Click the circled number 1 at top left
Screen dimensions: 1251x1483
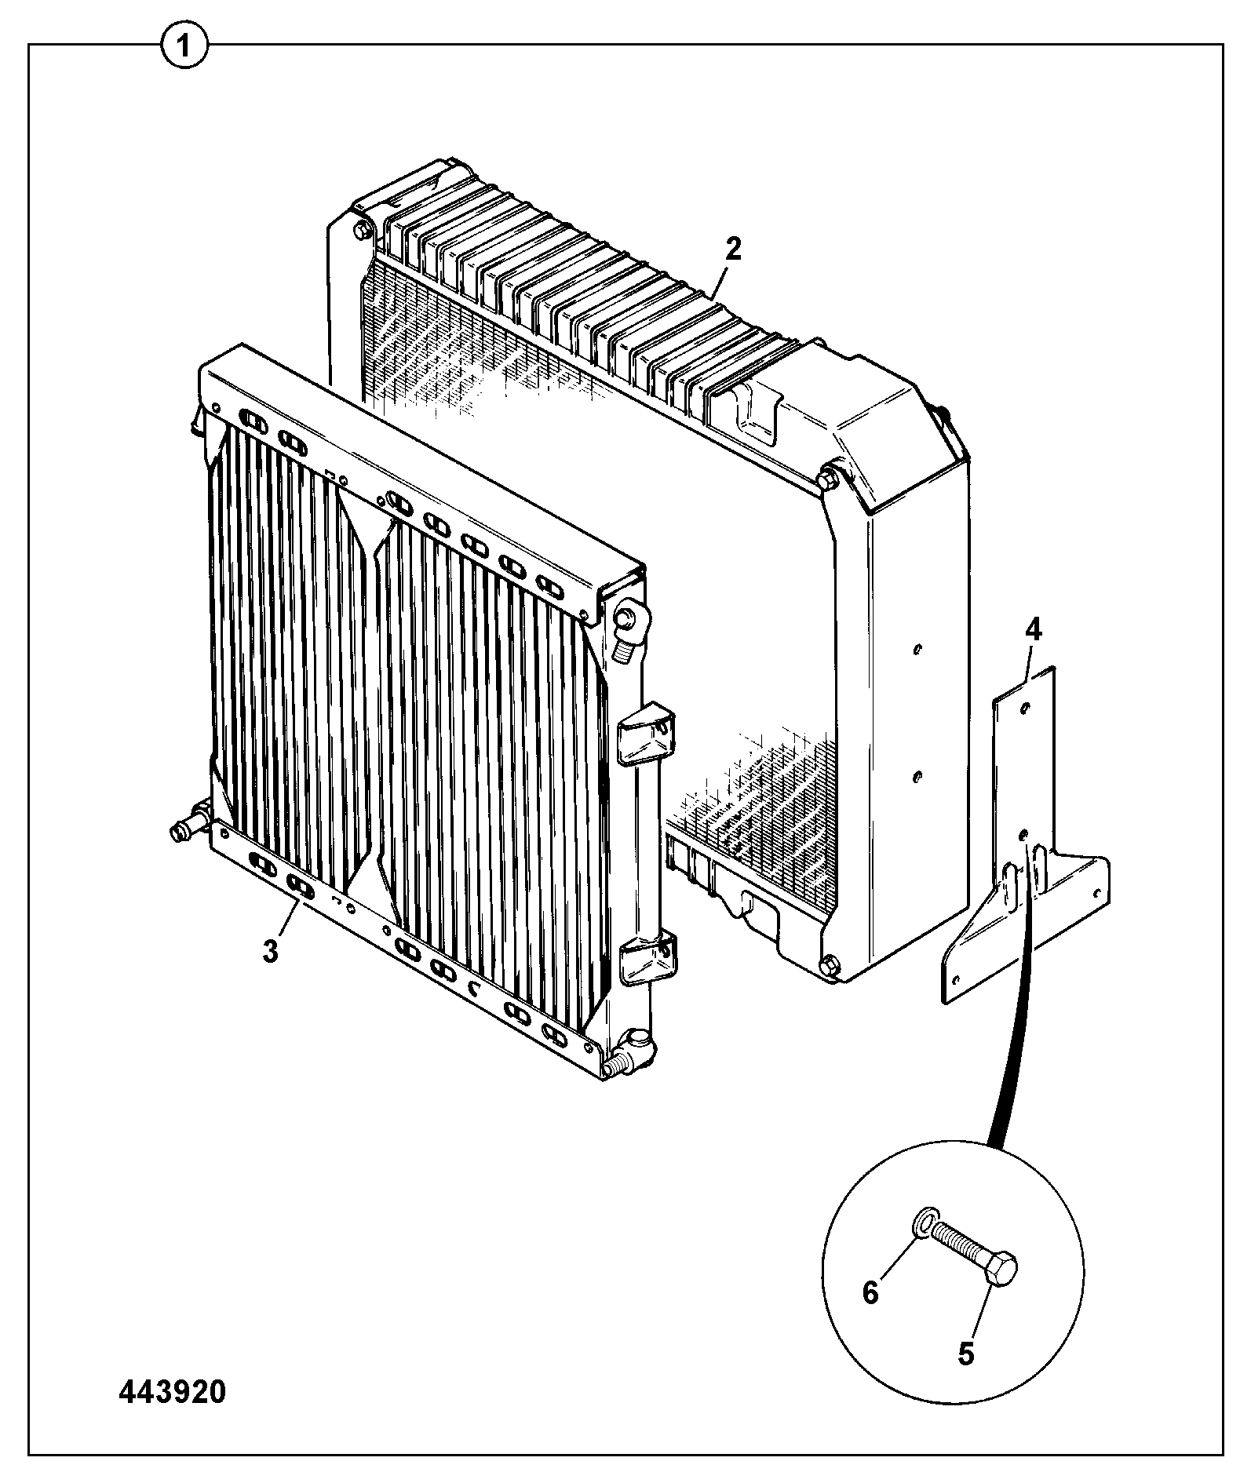[185, 47]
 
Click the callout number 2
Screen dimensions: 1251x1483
[733, 250]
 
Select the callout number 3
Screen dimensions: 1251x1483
[270, 952]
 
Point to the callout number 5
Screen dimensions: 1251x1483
[965, 1354]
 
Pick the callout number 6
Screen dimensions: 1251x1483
[870, 1292]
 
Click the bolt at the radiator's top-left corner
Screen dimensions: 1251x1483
[362, 230]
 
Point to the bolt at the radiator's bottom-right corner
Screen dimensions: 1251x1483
[831, 964]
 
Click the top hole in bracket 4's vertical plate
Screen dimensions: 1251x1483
[1023, 708]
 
